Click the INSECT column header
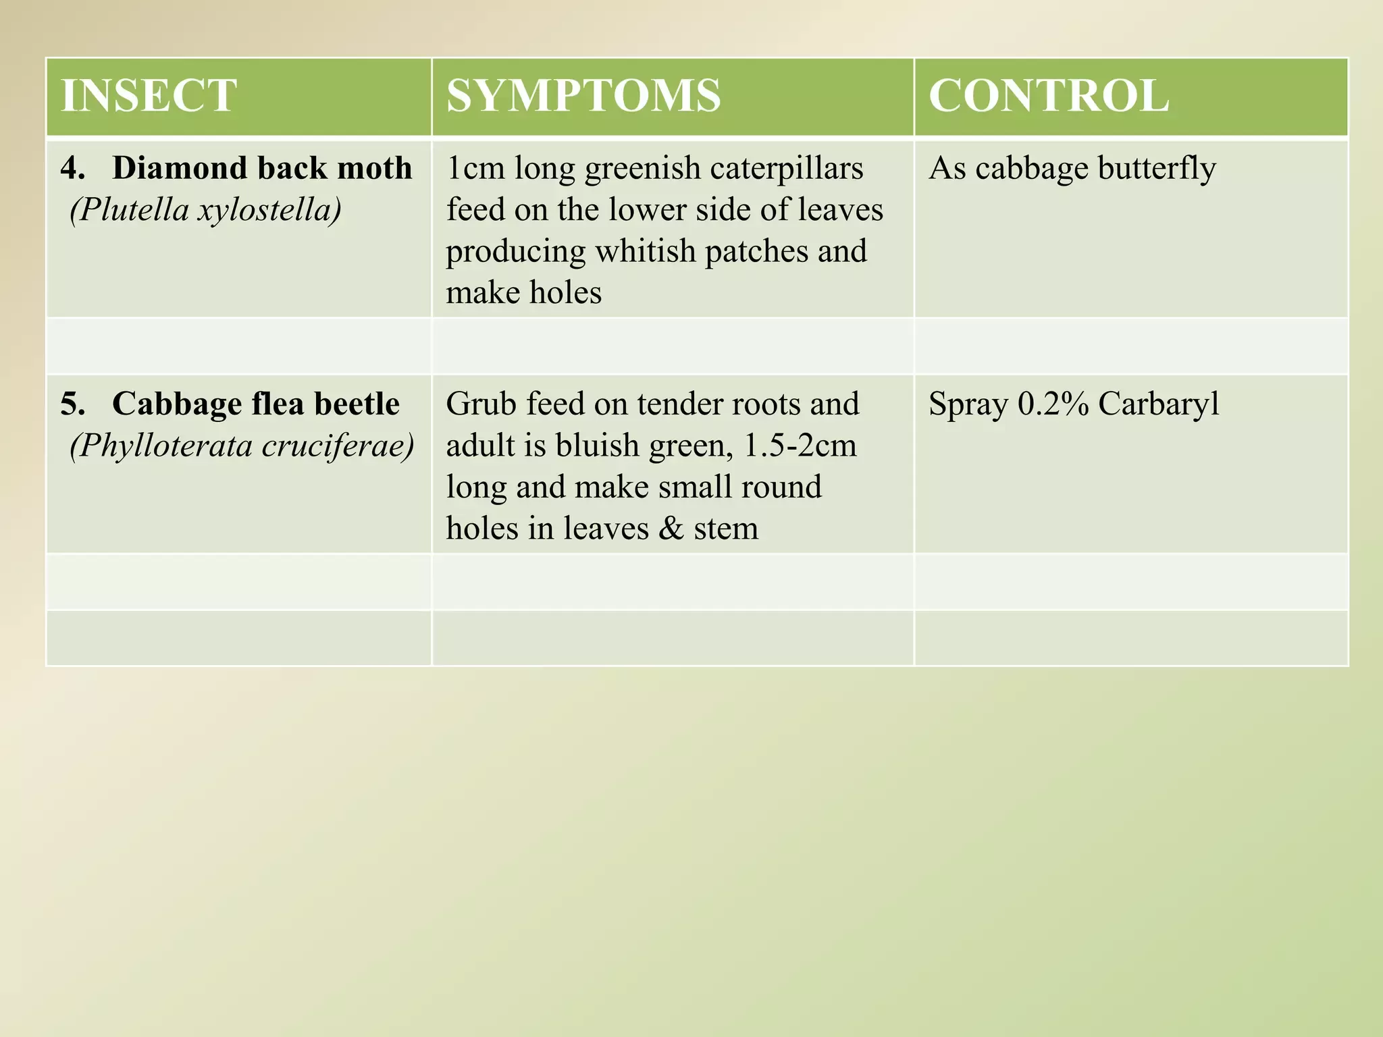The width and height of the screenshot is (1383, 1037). pos(149,95)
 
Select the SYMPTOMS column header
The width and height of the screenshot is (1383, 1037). pos(583,95)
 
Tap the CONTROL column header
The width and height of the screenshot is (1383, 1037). pos(1049,95)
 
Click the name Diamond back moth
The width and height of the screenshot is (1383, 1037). pos(262,167)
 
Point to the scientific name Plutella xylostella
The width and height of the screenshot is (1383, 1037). pos(206,210)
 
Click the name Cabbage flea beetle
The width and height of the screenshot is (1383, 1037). pos(256,404)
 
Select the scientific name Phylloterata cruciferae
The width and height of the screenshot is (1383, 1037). pos(242,446)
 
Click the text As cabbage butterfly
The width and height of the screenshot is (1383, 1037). pos(1072,169)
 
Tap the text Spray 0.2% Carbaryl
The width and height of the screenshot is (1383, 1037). pos(1074,404)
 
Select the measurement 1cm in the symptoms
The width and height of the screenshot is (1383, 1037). pos(475,167)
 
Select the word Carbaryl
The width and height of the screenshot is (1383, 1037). pos(1159,404)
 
